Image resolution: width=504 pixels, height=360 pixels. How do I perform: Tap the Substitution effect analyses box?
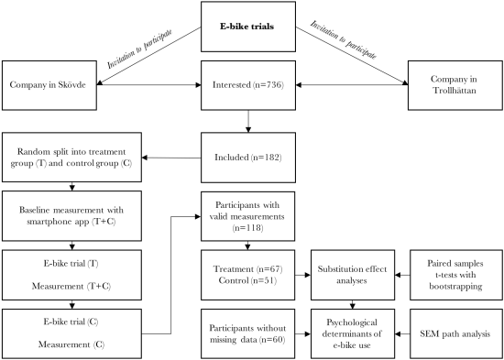(x=356, y=271)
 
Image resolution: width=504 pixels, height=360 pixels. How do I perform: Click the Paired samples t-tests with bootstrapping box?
(x=455, y=271)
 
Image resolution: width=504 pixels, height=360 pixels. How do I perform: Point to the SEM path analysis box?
(x=455, y=330)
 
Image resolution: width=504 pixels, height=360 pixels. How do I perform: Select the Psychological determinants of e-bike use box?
(x=356, y=330)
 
